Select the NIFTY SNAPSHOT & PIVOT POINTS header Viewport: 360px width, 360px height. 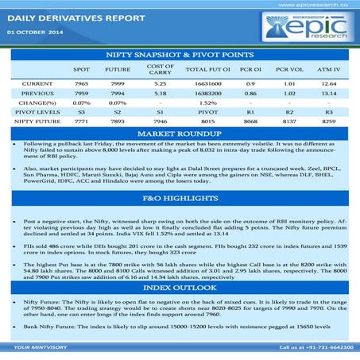pyautogui.click(x=180, y=53)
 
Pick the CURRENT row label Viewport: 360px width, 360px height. pyautogui.click(x=37, y=83)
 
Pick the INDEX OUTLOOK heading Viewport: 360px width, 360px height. pyautogui.click(x=180, y=285)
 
